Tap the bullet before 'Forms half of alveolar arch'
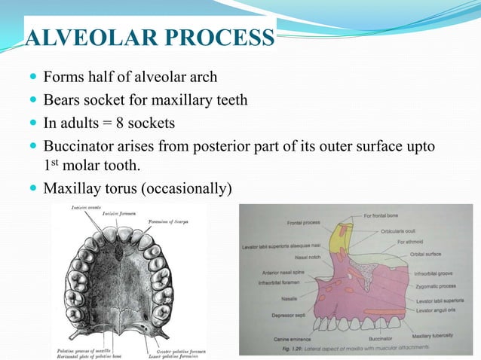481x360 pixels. tap(30, 78)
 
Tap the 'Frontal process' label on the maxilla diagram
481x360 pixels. tap(306, 223)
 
